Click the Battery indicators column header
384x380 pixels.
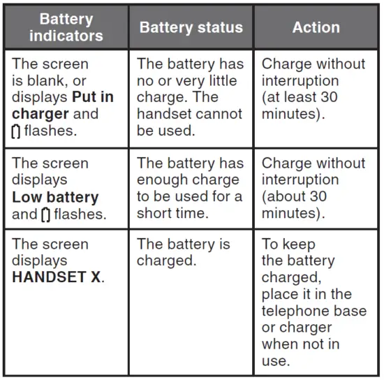click(66, 27)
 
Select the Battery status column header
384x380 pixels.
click(191, 27)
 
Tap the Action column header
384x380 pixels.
click(316, 27)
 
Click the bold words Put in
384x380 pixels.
click(93, 97)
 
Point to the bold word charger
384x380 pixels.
click(40, 114)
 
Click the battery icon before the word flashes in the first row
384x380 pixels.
click(16, 131)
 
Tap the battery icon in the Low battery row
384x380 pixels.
click(46, 215)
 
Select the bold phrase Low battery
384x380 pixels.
click(55, 197)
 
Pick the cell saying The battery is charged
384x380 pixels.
click(184, 252)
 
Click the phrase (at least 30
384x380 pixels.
click(300, 97)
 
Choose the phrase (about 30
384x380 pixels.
click(295, 196)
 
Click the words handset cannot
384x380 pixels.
click(189, 114)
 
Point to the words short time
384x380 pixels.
click(172, 213)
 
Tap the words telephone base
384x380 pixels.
click(314, 311)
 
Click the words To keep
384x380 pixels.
click(288, 244)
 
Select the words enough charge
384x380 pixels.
click(188, 180)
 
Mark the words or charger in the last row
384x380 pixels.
click(297, 328)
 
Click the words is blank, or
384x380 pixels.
click(49, 80)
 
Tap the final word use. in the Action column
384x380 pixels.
click(276, 361)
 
